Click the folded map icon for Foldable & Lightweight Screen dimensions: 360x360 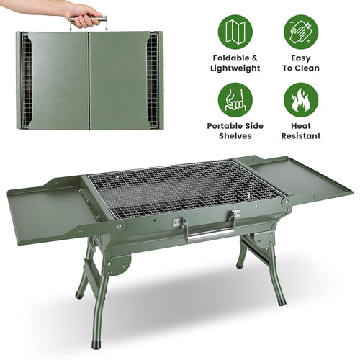[235, 32]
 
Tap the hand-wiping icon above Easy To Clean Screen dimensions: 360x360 [301, 32]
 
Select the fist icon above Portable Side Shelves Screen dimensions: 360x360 [235, 100]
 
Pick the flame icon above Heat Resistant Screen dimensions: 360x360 [301, 100]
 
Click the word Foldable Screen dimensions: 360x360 [228, 58]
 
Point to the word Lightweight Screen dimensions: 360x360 [235, 68]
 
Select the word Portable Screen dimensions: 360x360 [222, 126]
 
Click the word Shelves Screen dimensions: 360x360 [235, 136]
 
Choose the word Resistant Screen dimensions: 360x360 [301, 136]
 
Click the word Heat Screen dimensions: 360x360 [301, 126]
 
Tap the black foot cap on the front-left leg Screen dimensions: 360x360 [96, 344]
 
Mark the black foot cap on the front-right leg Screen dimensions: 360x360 [282, 301]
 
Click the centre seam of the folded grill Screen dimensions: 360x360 [89, 81]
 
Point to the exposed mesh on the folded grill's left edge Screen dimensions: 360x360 [26, 81]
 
